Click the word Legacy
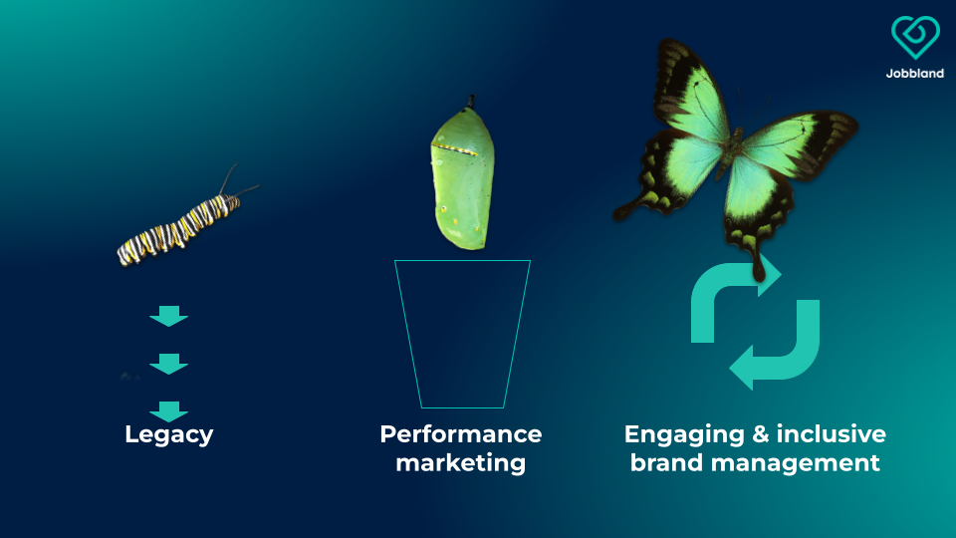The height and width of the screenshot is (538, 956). pos(169,435)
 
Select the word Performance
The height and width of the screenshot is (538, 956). pos(461,434)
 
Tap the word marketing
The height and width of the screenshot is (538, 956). pos(461,463)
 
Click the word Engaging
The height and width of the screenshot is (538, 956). pos(684,435)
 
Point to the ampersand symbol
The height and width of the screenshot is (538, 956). pos(760,434)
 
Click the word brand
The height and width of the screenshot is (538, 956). pos(667,463)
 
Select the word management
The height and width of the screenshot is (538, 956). pos(795,464)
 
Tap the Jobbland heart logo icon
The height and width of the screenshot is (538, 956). pos(915,37)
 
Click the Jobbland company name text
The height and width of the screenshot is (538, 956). pos(915,73)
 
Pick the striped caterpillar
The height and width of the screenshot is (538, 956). pos(180,230)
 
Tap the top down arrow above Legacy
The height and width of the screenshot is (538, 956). pos(169,316)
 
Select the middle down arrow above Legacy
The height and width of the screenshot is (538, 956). pos(169,364)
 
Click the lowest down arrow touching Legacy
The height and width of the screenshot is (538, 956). pos(169,411)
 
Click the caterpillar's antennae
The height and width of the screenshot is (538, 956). pos(238,183)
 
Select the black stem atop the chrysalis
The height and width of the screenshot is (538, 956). pos(470,102)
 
